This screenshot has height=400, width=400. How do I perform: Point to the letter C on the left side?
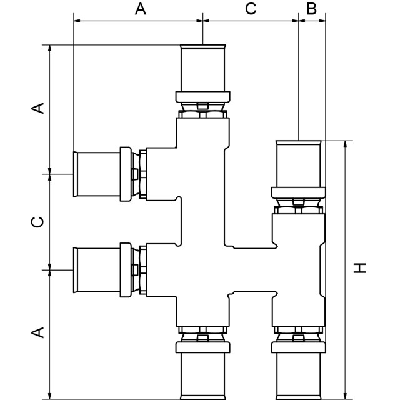click(38, 222)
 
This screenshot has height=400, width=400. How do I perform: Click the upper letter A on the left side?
click(38, 108)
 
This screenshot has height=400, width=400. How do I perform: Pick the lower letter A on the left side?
click(38, 332)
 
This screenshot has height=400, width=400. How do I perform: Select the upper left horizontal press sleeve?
click(96, 174)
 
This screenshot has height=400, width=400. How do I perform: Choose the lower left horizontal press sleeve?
click(96, 271)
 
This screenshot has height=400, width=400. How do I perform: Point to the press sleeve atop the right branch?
click(299, 164)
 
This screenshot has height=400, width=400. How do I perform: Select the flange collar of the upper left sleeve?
click(126, 174)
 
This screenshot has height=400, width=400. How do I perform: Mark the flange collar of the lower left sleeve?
click(126, 271)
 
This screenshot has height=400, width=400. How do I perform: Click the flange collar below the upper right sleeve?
click(299, 192)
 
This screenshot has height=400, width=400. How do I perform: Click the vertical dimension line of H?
click(344, 269)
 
